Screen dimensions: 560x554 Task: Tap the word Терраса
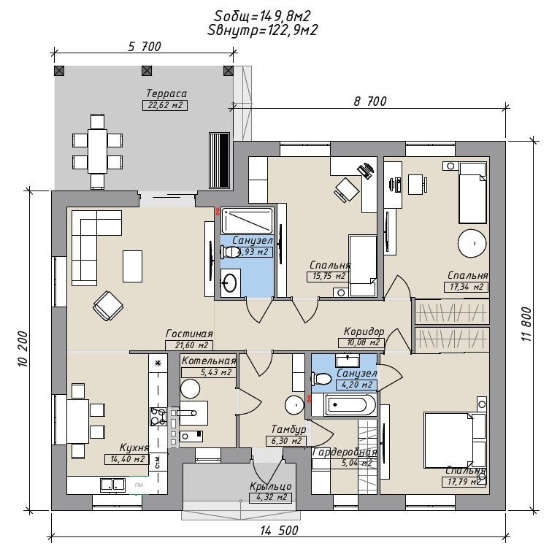pyautogui.click(x=166, y=94)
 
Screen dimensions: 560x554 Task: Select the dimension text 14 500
pyautogui.click(x=278, y=531)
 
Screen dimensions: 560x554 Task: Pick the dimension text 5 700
pyautogui.click(x=144, y=47)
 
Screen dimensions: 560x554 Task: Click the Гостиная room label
pyautogui.click(x=188, y=334)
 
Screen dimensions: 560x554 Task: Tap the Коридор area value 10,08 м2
pyautogui.click(x=361, y=342)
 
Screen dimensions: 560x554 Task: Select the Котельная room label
pyautogui.click(x=209, y=361)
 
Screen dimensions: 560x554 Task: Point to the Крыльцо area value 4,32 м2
pyautogui.click(x=269, y=497)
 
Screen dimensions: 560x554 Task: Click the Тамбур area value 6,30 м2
pyautogui.click(x=285, y=440)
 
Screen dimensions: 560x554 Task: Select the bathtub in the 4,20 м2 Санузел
pyautogui.click(x=351, y=404)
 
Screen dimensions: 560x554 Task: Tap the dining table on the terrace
pyautogui.click(x=98, y=150)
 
